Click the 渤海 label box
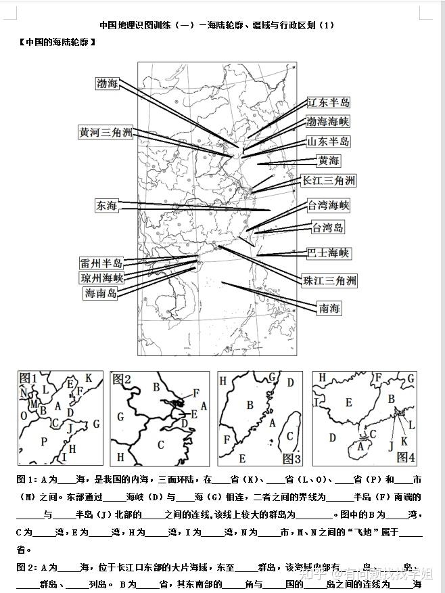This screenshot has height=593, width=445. pos(108,83)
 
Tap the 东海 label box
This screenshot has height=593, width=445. pos(107,205)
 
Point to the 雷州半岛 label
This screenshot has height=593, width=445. pos(101,263)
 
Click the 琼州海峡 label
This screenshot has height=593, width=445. pos(101,278)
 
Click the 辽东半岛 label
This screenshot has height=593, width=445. pos(329,103)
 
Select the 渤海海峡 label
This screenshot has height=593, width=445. pos(328,122)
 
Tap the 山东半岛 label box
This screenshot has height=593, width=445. pos(329,141)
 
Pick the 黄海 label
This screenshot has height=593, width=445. pos(329,161)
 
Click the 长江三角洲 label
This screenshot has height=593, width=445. pos(329,181)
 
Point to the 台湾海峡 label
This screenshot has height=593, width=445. pos(329,205)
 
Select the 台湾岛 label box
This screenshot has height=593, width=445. pos(328,227)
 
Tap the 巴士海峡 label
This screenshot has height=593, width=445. pos(329,253)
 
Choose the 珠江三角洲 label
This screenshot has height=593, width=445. pos(329,281)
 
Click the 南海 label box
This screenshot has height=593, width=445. pos(329,309)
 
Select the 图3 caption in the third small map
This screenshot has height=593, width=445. pos(291,458)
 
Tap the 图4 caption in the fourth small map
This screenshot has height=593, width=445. pos(406,457)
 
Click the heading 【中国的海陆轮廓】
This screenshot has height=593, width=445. pos(57,42)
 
